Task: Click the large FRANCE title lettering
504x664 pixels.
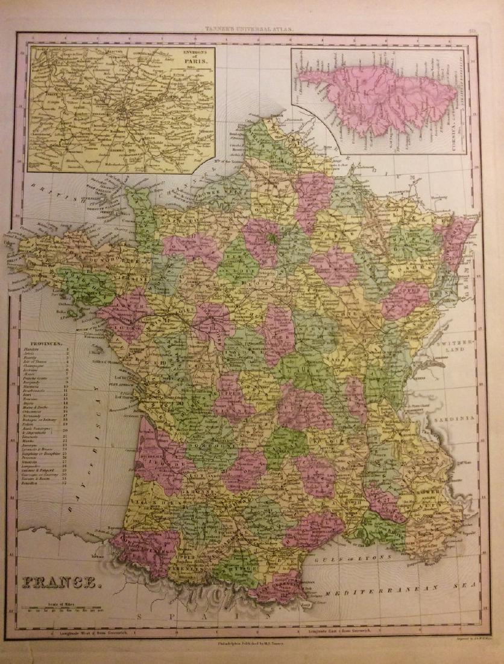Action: pyautogui.click(x=55, y=584)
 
